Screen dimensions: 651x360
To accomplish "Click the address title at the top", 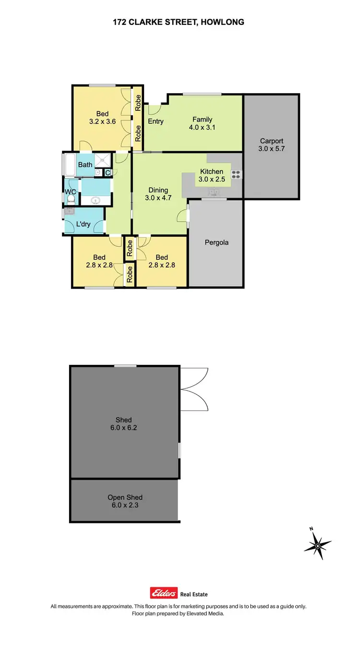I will coord(179,22).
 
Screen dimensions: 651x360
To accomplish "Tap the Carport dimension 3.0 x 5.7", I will coord(272,149).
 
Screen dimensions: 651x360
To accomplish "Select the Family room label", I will coord(202,120).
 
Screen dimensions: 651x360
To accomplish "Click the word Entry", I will coord(156,121).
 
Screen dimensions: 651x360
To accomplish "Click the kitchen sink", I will coord(213,193).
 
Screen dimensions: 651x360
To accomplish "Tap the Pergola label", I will coord(216,242).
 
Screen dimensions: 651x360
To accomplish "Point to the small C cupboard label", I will coord(108,172).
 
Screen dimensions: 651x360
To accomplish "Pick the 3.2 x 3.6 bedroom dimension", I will coord(102,121).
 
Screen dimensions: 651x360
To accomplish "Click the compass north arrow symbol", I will coord(317,544).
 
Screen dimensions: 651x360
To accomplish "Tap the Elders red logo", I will coord(164,593).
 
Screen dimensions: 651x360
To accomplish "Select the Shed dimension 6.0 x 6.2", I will coord(123,427).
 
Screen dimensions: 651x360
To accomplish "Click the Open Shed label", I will coord(125,497).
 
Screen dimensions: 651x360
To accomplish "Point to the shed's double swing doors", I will coord(194,389).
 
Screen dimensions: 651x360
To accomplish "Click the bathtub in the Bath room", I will coord(70,165).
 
